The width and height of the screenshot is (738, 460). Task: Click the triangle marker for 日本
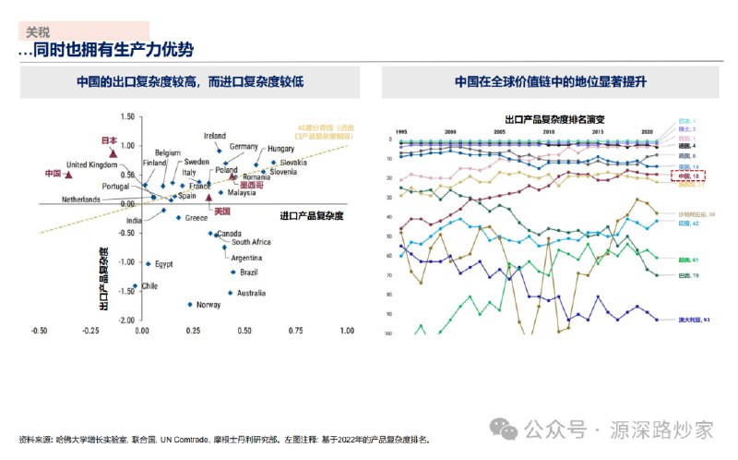(x=113, y=151)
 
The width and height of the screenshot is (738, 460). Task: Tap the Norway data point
(x=189, y=304)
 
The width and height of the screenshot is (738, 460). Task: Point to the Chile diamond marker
(x=135, y=286)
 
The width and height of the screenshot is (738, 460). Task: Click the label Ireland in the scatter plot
(x=214, y=136)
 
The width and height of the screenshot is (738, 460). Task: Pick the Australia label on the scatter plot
(x=251, y=293)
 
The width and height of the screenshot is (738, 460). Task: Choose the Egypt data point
(x=148, y=264)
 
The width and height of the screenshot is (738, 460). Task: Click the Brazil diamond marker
(x=232, y=272)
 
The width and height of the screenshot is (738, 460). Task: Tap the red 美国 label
(x=220, y=212)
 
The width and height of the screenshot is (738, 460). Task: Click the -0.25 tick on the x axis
(x=90, y=330)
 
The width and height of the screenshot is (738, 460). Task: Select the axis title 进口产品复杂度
(x=311, y=215)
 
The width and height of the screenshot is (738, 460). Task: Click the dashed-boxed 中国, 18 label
(x=684, y=176)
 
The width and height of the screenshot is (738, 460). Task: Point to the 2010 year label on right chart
(x=549, y=132)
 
